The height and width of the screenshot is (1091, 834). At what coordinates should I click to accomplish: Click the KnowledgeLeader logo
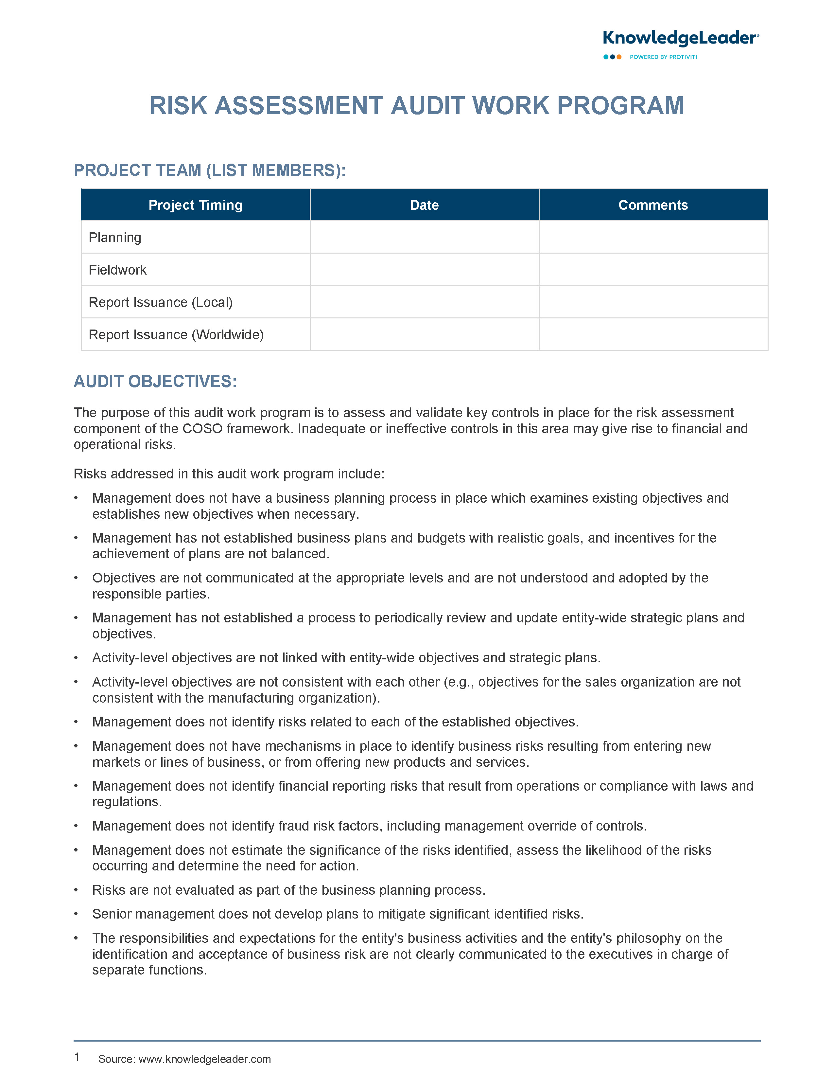pos(680,38)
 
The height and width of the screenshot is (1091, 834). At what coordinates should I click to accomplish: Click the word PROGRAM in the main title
pos(620,106)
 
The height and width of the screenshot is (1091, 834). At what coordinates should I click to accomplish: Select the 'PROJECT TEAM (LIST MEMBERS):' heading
pos(210,170)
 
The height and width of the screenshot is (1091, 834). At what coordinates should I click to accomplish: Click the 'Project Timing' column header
pos(195,205)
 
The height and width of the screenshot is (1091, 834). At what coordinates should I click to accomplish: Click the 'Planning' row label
pos(115,237)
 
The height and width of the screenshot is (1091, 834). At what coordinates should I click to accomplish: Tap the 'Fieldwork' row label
pos(118,270)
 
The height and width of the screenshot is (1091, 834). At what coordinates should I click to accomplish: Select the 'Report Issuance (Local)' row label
pos(160,302)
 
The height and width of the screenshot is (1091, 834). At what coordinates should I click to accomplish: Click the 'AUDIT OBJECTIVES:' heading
pos(155,381)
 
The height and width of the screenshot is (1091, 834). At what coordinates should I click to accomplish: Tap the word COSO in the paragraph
pos(202,429)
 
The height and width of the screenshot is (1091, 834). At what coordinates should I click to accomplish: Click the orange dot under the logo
pos(619,57)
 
